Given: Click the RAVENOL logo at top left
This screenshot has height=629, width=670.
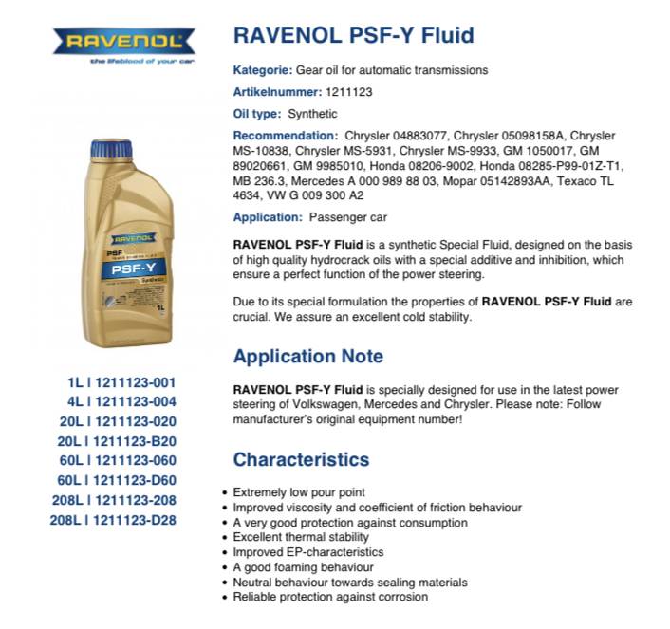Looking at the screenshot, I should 123,41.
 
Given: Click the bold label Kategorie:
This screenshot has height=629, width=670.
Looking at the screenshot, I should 263,70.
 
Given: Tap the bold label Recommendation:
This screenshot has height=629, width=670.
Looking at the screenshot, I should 286,136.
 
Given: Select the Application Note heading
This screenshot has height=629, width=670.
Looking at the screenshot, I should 308,357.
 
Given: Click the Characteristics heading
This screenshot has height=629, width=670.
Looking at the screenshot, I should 301,460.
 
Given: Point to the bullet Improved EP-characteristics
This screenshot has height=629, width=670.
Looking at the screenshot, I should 308,552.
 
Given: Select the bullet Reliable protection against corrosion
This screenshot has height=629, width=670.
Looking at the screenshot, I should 330,597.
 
